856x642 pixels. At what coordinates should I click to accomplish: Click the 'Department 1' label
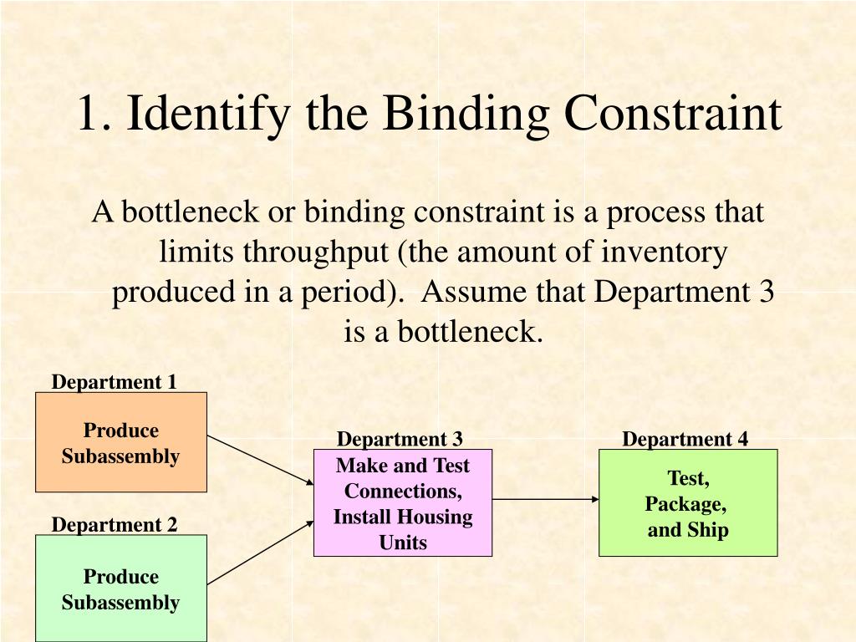click(115, 382)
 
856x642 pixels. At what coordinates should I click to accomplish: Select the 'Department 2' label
click(115, 525)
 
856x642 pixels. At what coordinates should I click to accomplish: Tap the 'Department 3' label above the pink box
click(400, 440)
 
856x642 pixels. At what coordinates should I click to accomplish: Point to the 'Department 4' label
click(685, 440)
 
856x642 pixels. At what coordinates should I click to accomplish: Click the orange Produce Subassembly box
click(121, 442)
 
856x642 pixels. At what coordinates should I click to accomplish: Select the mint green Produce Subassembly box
click(121, 588)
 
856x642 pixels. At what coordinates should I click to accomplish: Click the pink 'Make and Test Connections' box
click(403, 503)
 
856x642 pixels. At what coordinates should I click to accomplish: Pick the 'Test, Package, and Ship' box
click(688, 503)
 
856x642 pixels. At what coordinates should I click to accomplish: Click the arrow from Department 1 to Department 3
click(260, 460)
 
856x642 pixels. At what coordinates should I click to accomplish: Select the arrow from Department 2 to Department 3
click(260, 552)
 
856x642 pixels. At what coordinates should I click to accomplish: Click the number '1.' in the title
click(94, 115)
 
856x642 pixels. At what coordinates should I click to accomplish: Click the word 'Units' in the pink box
click(403, 543)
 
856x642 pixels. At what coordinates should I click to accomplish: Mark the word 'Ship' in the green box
click(710, 530)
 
